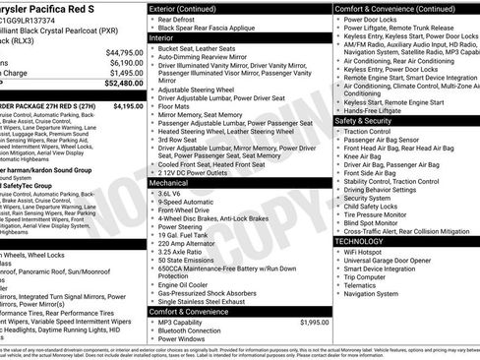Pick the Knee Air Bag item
[364, 154]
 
